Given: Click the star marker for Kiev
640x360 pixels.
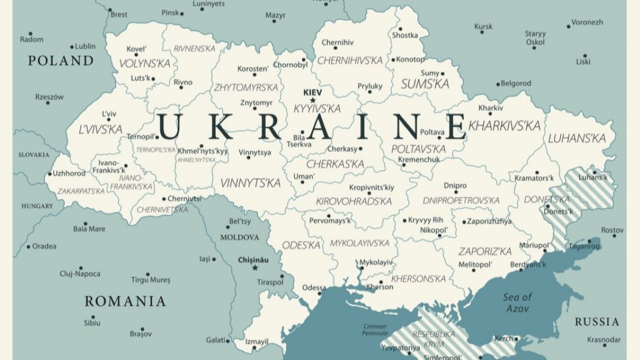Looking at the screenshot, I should tap(312, 100).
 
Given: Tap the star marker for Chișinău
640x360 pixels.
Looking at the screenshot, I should tap(255, 268).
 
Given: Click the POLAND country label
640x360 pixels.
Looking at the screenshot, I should tap(61, 61).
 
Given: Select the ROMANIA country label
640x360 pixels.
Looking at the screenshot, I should tap(125, 301).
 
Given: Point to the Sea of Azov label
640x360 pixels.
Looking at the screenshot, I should tap(517, 303).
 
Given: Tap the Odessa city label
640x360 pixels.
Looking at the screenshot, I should tap(314, 287).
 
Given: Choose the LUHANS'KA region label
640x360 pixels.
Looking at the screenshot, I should tap(577, 138).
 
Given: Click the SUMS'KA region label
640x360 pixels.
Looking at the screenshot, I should tap(425, 84).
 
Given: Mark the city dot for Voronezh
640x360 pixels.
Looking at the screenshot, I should tap(569, 26).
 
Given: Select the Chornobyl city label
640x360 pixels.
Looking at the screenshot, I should tap(290, 65).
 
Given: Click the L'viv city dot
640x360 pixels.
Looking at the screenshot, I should tap(108, 120).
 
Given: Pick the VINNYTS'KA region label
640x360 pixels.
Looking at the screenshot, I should tap(250, 183).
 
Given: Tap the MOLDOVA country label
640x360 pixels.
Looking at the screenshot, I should tap(239, 238).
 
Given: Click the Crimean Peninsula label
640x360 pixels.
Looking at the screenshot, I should tap(375, 330).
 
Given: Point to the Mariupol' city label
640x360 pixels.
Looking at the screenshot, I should tap(534, 246).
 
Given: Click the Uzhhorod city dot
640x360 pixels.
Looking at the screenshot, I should tap(50, 174).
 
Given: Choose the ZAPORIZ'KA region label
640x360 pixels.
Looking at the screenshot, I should tap(485, 251).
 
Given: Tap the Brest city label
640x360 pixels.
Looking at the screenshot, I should tap(119, 15).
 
